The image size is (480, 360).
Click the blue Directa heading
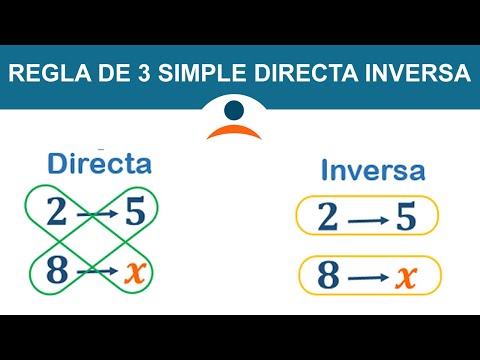99,162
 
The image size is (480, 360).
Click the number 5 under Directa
137,214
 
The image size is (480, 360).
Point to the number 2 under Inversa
327,217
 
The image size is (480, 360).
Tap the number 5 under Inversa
405,217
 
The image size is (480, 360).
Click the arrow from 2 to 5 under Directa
96,214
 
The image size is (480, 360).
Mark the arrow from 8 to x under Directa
96,269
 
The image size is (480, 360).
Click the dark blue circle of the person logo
236,109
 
